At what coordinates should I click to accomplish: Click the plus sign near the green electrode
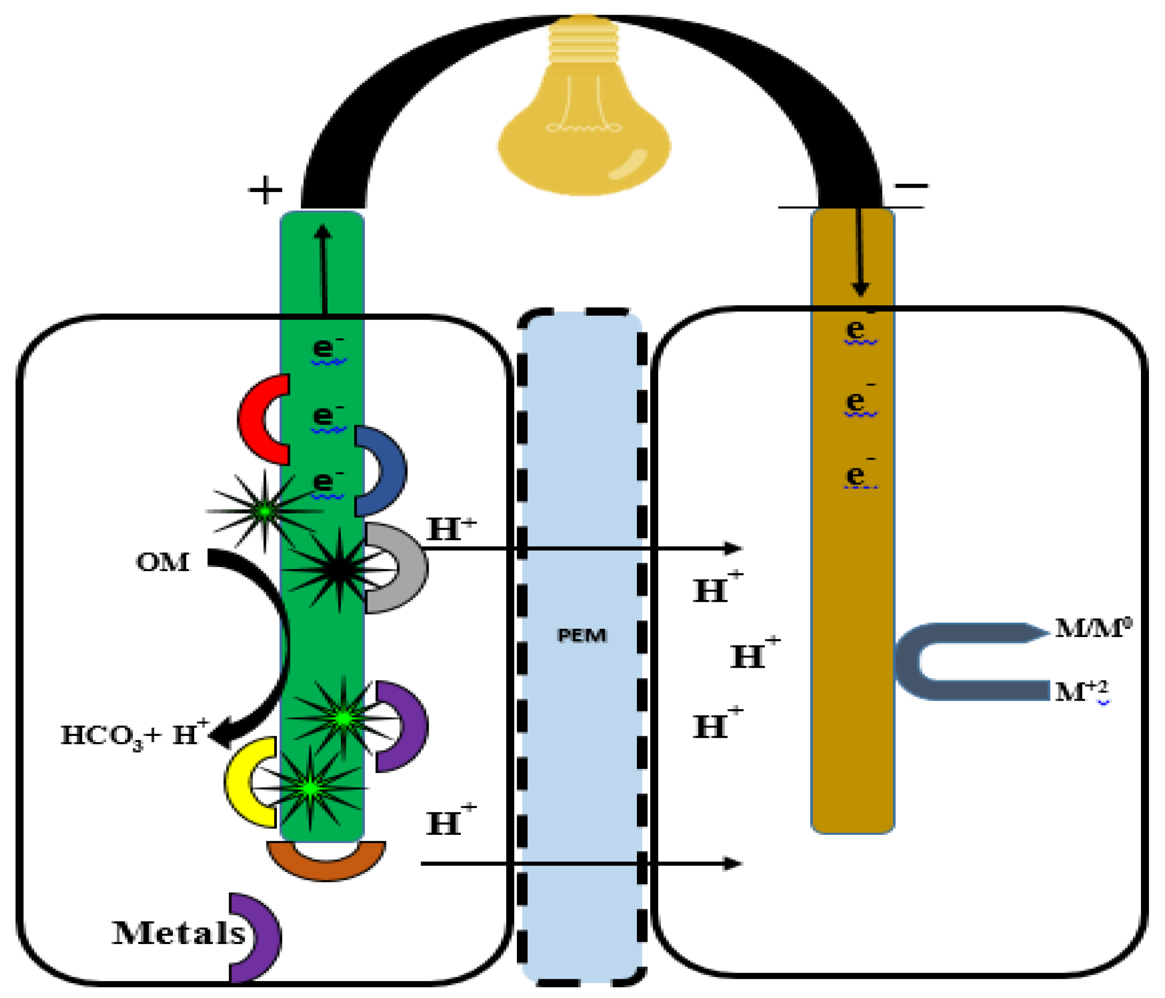pyautogui.click(x=265, y=190)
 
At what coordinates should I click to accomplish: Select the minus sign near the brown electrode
pyautogui.click(x=911, y=185)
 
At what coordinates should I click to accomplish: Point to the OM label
pyautogui.click(x=163, y=562)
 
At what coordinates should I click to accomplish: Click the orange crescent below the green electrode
pyautogui.click(x=326, y=863)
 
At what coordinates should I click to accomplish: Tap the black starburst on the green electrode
pyautogui.click(x=338, y=570)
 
